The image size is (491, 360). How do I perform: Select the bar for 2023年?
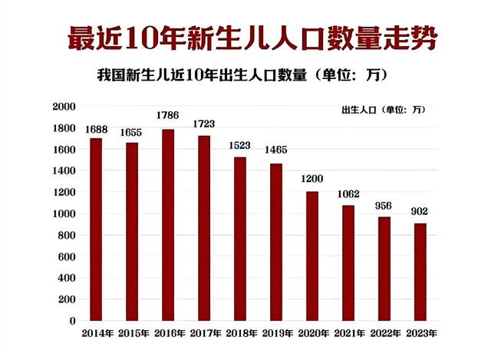(x=420, y=272)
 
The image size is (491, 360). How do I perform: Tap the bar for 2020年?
(x=312, y=256)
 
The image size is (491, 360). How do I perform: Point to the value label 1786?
(x=167, y=116)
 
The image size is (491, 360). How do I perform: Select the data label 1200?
(x=311, y=179)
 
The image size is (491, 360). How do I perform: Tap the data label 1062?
(x=348, y=193)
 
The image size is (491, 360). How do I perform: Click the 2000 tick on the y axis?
(x=64, y=106)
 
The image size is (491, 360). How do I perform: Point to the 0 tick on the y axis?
(x=73, y=321)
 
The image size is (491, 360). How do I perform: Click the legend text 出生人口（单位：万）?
(x=383, y=109)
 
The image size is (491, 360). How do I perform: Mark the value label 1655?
(x=132, y=130)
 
